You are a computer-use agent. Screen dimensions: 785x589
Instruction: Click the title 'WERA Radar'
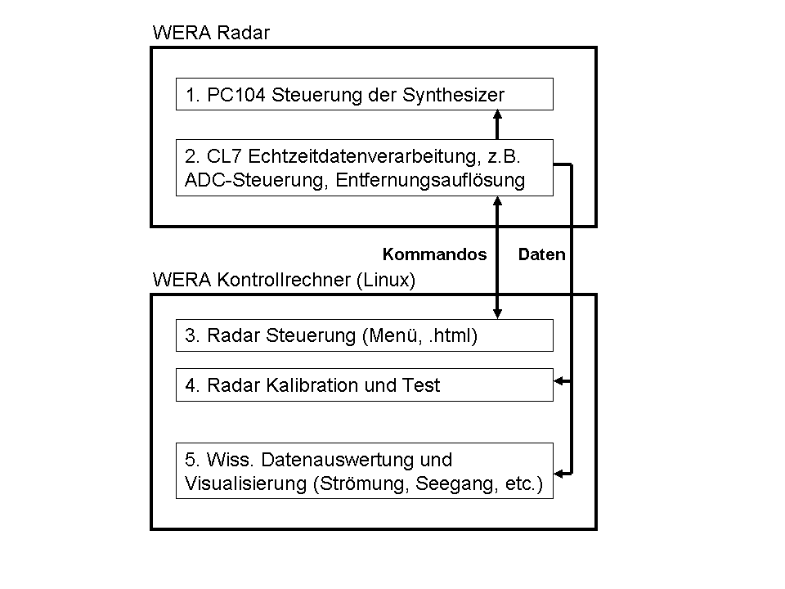click(211, 33)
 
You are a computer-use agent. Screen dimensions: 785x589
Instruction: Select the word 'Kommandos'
click(434, 254)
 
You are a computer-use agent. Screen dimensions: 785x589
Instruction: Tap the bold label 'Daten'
click(541, 254)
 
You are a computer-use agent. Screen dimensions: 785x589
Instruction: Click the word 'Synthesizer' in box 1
click(453, 95)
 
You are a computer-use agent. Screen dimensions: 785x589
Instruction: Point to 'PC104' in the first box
click(235, 95)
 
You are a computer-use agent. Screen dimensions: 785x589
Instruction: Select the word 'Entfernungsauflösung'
click(430, 180)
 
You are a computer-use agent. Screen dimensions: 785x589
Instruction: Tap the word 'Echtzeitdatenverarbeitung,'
click(365, 156)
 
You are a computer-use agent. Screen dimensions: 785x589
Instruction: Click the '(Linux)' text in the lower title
click(386, 280)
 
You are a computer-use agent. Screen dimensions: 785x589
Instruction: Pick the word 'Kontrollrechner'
click(284, 280)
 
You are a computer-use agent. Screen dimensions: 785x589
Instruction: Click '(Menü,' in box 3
click(392, 335)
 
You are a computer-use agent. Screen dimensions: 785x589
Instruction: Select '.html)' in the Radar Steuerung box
click(453, 335)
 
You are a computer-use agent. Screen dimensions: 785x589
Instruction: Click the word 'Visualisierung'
click(245, 483)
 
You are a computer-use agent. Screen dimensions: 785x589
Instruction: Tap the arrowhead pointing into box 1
click(497, 115)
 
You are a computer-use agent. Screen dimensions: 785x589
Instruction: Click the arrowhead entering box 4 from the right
click(558, 381)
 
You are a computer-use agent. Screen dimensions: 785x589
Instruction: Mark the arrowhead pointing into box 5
click(558, 473)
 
